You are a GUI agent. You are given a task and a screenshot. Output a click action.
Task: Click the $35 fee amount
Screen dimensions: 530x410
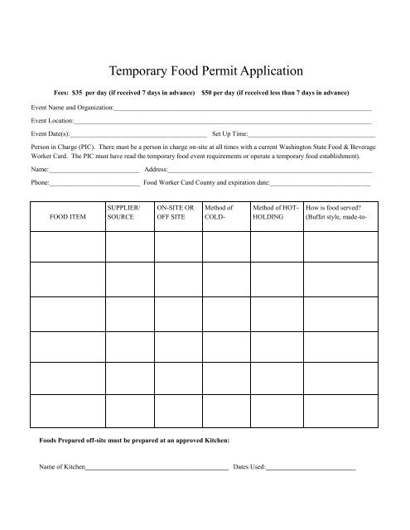pyautogui.click(x=79, y=92)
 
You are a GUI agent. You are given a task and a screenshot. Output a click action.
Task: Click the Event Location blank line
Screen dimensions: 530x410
pyautogui.click(x=223, y=122)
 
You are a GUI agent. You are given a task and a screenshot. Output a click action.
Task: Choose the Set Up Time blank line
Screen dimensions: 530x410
pyautogui.click(x=311, y=133)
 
